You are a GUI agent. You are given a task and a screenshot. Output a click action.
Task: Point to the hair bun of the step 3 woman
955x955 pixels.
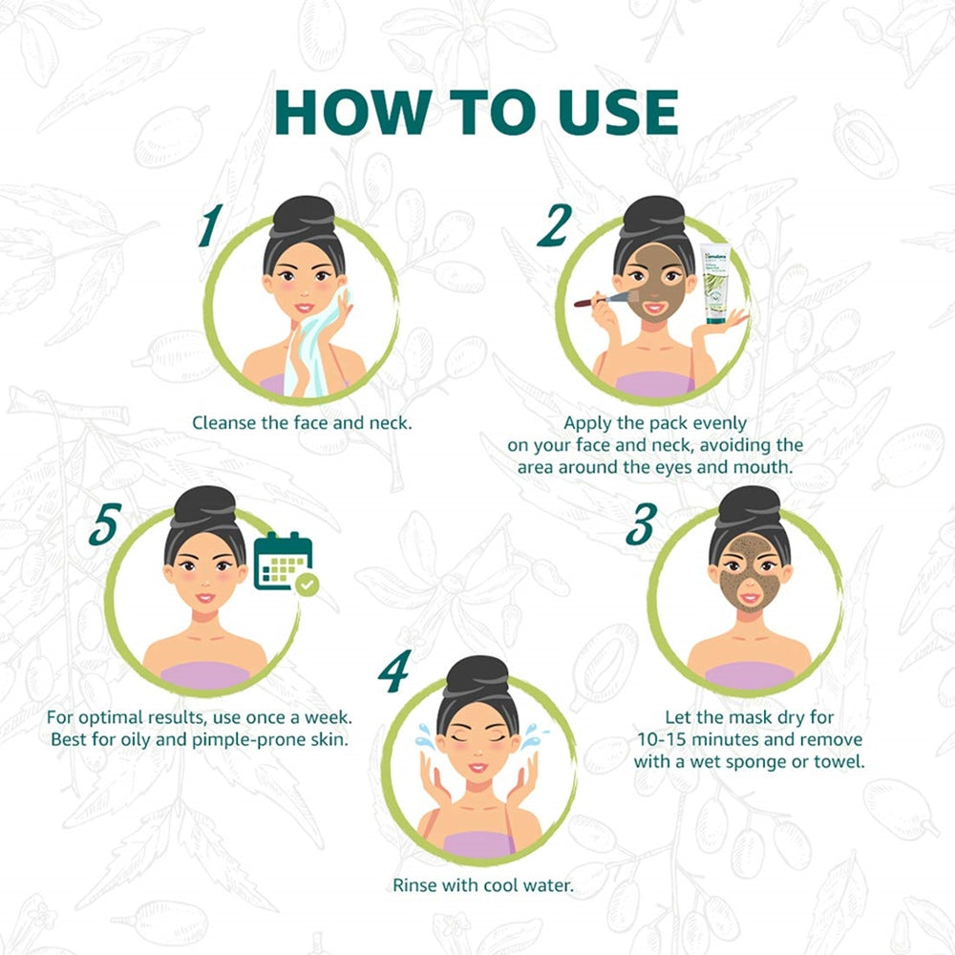pyautogui.click(x=748, y=505)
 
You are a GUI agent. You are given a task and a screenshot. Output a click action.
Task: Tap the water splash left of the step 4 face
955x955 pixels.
pyautogui.click(x=423, y=736)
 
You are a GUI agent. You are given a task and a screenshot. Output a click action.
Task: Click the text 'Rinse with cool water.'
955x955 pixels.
pyautogui.click(x=483, y=885)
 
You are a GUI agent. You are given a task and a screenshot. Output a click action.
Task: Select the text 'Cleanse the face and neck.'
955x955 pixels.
pyautogui.click(x=302, y=421)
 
